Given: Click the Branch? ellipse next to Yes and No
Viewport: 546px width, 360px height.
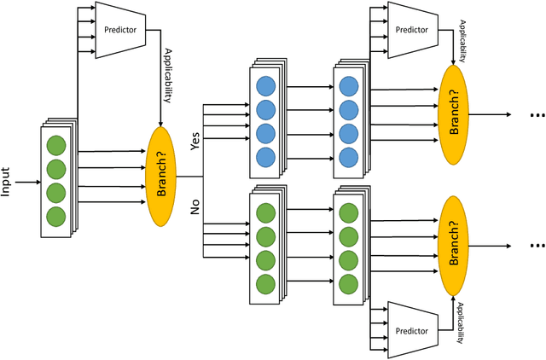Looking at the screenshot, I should pos(163,177).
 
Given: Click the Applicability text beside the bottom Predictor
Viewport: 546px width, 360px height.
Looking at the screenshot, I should pos(460,323).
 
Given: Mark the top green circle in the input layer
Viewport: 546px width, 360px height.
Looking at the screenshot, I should pos(56,144).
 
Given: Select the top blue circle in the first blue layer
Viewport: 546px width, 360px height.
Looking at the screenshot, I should pos(265,86).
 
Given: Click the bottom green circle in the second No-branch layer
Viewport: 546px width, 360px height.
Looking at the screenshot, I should pos(349,282).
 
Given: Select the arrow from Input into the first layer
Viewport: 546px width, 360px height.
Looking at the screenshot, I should pos(28,182).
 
